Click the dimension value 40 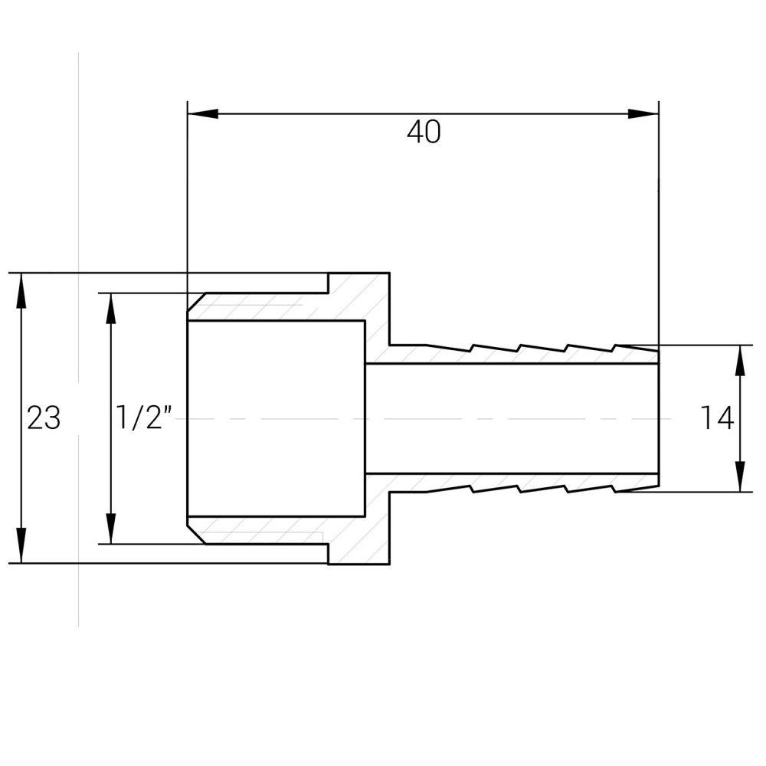pyautogui.click(x=424, y=133)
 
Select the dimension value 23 pyautogui.click(x=44, y=419)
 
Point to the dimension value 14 pyautogui.click(x=717, y=418)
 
